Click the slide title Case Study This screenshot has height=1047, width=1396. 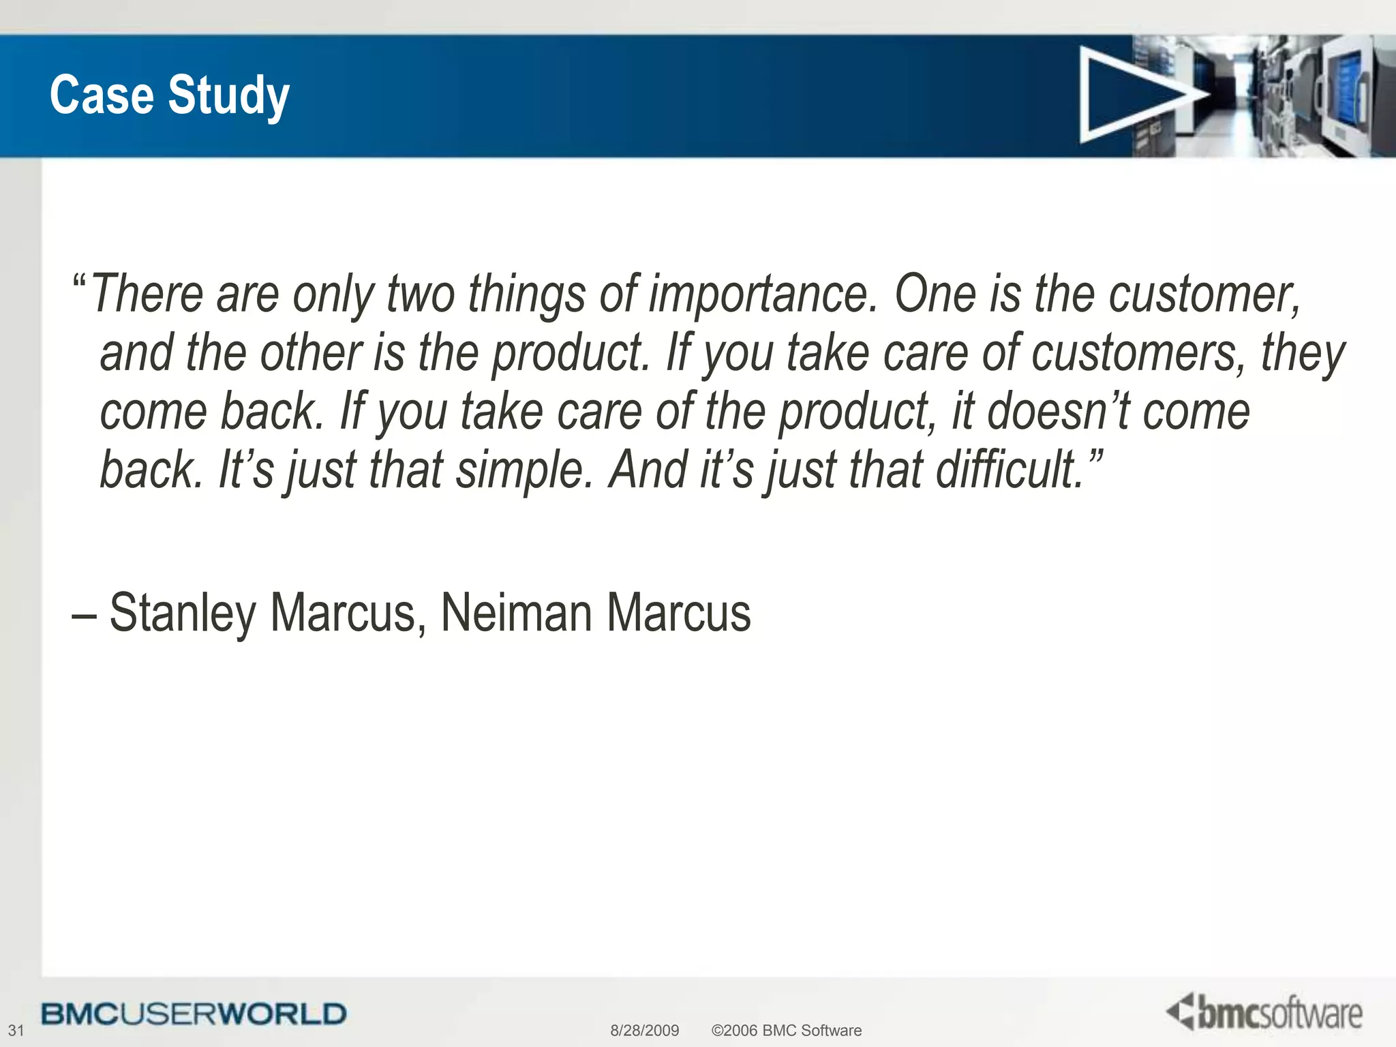click(170, 95)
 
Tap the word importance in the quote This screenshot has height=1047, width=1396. click(763, 294)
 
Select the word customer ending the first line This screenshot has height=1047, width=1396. click(1204, 294)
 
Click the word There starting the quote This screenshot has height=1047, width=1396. click(147, 294)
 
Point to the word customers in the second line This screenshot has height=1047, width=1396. click(1138, 354)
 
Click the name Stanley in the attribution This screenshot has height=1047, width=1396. click(182, 613)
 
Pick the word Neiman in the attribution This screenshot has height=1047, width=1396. click(516, 613)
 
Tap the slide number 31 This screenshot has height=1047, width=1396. click(16, 1030)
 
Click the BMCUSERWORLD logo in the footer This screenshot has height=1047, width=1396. click(194, 1014)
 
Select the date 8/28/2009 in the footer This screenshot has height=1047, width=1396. click(644, 1030)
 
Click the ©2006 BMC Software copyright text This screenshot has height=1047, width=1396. click(786, 1030)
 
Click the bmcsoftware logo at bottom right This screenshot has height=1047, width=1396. click(1264, 1012)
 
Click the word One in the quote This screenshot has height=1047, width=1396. click(935, 294)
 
